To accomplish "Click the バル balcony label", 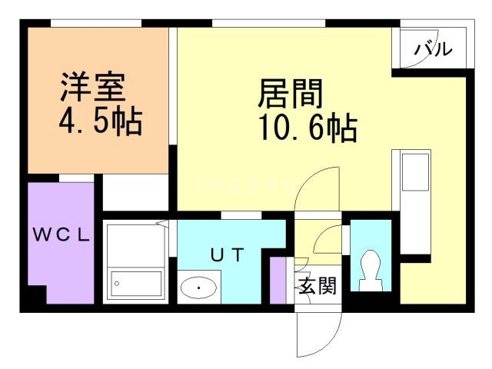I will click(434, 49).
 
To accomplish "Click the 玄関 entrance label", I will click(317, 287).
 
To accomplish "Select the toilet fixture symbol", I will click(370, 271).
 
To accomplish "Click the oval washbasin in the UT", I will click(199, 288).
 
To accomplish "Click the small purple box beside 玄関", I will click(278, 276).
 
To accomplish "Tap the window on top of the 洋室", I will click(96, 25).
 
